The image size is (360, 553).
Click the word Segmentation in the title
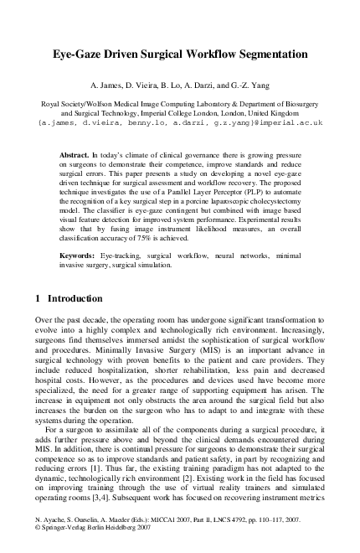click(272, 54)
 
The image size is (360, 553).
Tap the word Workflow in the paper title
click(207, 54)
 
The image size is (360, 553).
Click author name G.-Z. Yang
click(249, 85)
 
